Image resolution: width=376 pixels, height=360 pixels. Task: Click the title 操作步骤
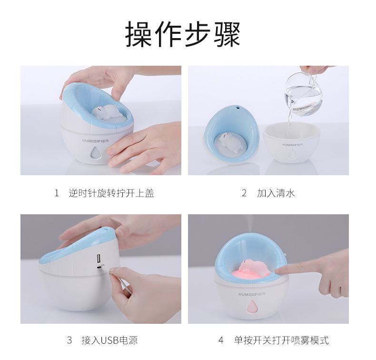183,34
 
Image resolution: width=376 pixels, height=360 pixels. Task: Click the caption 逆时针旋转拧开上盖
111,193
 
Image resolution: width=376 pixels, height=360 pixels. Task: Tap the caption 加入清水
276,193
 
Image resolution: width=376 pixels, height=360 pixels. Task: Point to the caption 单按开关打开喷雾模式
281,340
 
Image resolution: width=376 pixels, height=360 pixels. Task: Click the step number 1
57,193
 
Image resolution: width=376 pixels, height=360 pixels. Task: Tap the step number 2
244,193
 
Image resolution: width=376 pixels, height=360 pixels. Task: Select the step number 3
69,340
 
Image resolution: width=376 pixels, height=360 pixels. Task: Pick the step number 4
221,340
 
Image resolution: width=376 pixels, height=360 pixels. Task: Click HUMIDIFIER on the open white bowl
291,144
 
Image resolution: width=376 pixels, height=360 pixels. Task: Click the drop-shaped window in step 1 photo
96,153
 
